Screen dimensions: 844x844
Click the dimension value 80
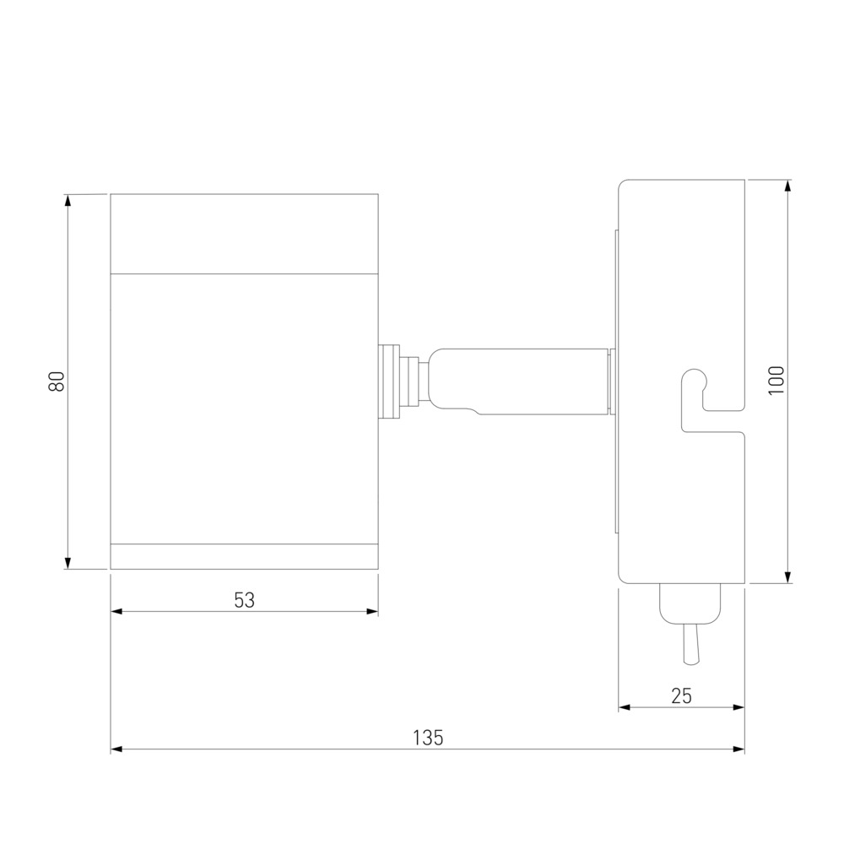(x=57, y=381)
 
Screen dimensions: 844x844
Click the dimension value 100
(x=776, y=381)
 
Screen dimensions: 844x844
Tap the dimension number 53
(x=245, y=600)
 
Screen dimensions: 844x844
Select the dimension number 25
(x=681, y=696)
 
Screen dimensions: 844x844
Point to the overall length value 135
(x=428, y=738)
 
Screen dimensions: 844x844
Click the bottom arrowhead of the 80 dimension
(x=68, y=562)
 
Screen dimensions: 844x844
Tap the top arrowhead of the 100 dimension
(x=788, y=187)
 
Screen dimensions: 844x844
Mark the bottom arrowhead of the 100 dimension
(x=788, y=576)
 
